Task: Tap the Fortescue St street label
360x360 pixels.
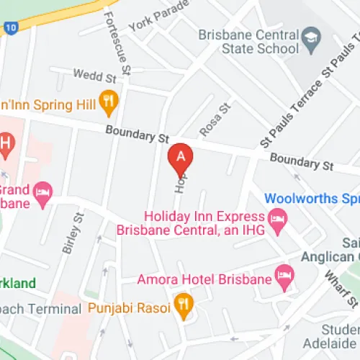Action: [117, 42]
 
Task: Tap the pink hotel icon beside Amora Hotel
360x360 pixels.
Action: [285, 275]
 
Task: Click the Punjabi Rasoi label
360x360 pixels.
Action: [129, 308]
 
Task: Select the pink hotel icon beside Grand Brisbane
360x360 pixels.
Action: [43, 193]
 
